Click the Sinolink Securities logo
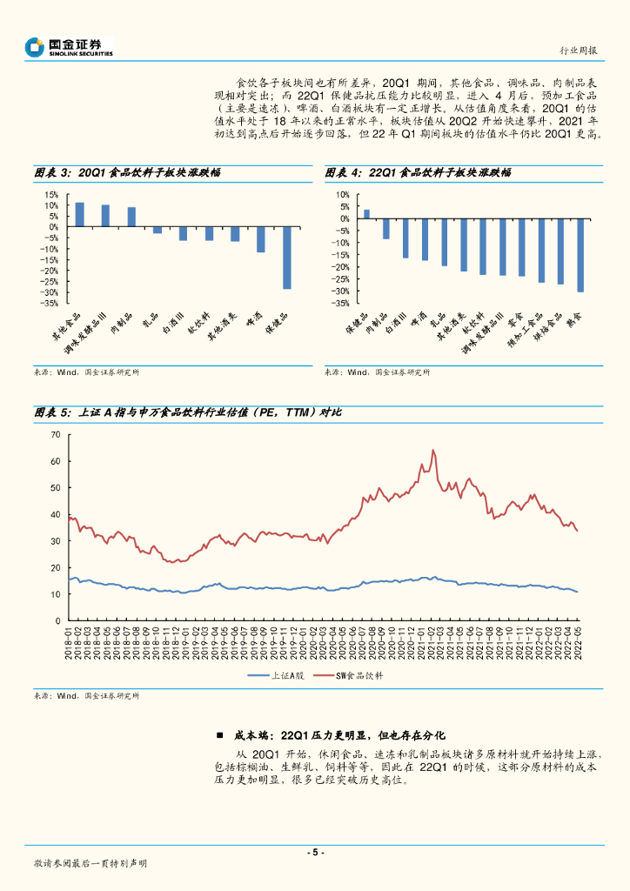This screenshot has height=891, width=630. (70, 46)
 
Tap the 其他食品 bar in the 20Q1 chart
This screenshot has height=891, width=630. (79, 215)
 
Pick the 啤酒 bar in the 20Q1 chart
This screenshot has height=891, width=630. (260, 239)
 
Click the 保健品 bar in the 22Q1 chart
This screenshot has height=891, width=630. (366, 213)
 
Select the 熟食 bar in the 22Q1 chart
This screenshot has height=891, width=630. (580, 255)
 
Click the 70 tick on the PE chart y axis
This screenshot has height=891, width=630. (56, 434)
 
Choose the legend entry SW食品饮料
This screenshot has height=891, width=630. (359, 675)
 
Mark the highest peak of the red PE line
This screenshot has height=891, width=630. (433, 451)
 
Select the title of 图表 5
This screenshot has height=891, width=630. (187, 412)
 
